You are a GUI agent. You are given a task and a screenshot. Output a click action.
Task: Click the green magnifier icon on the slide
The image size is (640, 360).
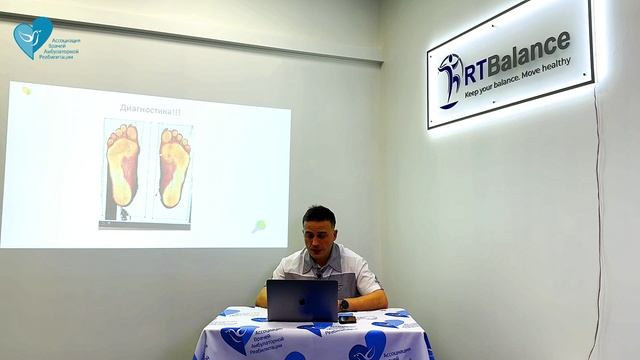point(259,226)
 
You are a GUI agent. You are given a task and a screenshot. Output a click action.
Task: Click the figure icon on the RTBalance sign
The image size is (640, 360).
point(449,80)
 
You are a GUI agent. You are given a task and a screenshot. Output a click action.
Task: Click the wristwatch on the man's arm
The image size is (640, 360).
point(344,304)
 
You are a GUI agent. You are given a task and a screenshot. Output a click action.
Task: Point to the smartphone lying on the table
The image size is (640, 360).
point(347,318)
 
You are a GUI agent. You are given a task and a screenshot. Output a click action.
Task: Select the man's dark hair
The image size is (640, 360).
point(318,214)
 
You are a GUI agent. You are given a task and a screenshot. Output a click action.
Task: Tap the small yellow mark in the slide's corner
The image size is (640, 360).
point(27,90)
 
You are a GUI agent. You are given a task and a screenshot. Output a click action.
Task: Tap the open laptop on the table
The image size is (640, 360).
point(302,300)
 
